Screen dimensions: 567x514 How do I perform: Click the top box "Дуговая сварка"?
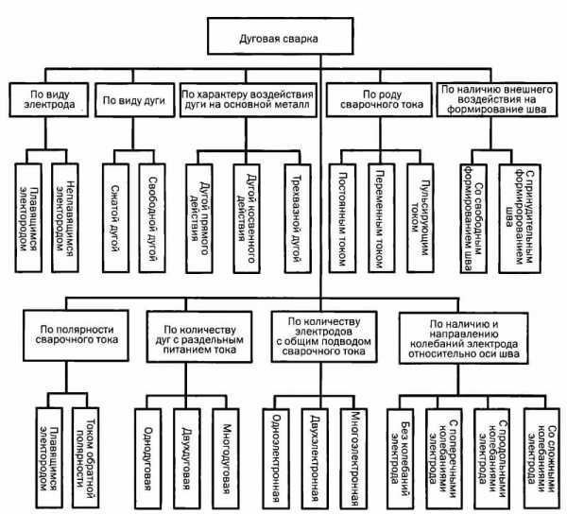coord(281,36)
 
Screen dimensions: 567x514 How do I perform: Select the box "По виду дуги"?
coord(134,100)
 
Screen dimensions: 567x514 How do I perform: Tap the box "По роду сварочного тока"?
coord(379,100)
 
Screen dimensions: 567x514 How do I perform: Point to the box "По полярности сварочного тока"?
coord(76,335)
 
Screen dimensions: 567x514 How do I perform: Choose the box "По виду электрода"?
coord(49,100)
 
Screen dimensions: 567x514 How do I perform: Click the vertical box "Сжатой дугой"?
coord(115,218)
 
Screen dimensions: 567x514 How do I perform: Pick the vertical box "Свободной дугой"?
coord(152,218)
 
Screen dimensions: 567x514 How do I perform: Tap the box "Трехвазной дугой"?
coord(298,218)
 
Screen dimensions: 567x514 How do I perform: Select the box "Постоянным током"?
coord(342,218)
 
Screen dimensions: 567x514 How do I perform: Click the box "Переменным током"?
coord(382,218)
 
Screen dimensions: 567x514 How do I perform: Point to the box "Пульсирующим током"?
coord(421,218)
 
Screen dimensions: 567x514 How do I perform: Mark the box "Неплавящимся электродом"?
coord(65,218)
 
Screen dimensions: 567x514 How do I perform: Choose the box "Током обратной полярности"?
coord(86,458)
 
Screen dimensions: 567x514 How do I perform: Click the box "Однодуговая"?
coord(148,459)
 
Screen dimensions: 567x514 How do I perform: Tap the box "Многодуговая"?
coord(226,459)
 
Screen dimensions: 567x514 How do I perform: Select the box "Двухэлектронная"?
coord(315,459)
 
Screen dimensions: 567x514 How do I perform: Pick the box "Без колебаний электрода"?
coord(401,459)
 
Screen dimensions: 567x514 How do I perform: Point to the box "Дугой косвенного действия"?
coord(247,218)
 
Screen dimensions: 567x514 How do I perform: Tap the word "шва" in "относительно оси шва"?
coord(510,353)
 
